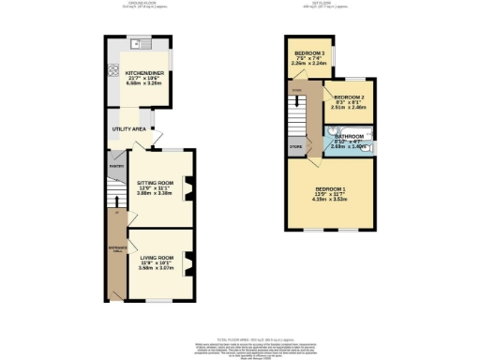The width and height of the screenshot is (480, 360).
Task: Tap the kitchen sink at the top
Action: click(142, 43)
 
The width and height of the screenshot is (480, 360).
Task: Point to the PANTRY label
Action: click(116, 167)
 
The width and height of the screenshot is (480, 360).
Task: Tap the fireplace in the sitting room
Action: click(187, 192)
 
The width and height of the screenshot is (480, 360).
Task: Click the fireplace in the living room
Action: click(187, 264)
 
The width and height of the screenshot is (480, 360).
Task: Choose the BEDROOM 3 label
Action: click(308, 53)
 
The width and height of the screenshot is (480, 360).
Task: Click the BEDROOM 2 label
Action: click(348, 98)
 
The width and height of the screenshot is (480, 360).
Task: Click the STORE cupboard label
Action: click(296, 146)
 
